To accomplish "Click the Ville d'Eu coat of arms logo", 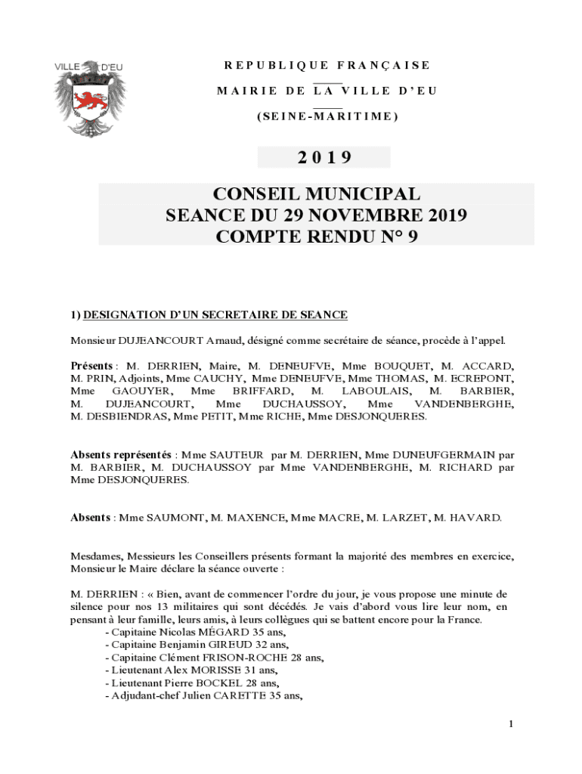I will coord(88,98).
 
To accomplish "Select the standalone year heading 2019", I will coord(324,157).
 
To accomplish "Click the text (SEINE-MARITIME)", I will coord(327,116).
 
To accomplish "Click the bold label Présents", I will coord(92,366).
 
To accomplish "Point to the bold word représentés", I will coord(138,455).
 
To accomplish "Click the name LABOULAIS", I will coord(376,391).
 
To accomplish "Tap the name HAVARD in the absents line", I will coord(475,518).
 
